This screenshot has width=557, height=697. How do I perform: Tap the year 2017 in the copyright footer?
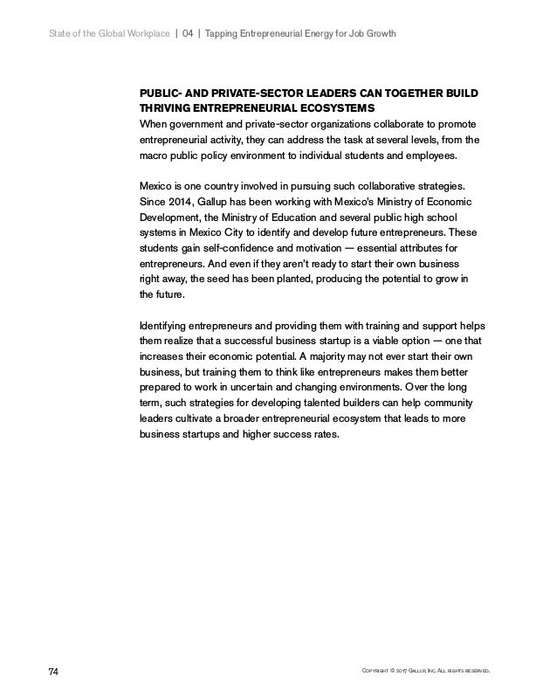pos(413,672)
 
